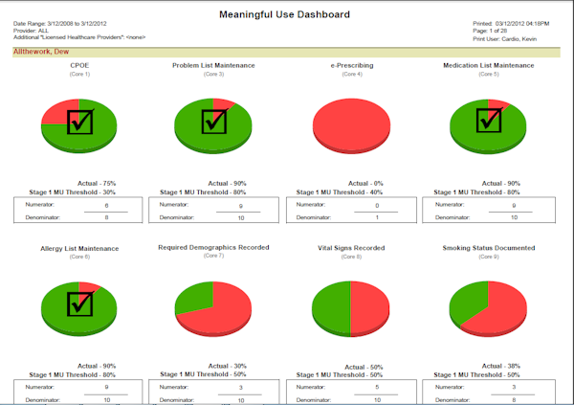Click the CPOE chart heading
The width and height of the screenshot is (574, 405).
(79, 66)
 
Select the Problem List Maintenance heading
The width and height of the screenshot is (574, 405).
(213, 66)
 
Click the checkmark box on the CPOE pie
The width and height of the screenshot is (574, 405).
(79, 122)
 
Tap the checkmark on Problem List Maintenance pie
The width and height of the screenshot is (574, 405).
(212, 122)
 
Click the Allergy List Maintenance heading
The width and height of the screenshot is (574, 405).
(79, 248)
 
